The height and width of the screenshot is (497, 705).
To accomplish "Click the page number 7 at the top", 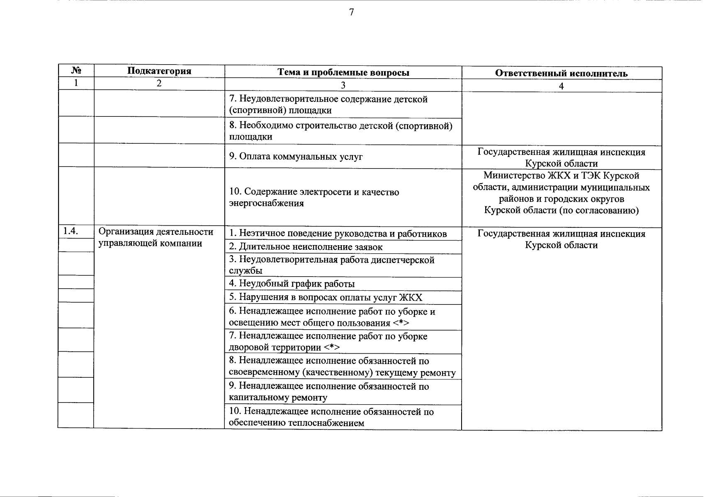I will click(x=352, y=12).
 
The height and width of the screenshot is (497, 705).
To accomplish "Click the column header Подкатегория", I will click(x=159, y=71).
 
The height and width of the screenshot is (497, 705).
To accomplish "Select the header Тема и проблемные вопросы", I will click(x=343, y=72).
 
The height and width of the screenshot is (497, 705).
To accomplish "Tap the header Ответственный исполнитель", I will click(x=561, y=73).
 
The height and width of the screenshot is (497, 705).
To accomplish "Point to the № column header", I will click(x=75, y=70).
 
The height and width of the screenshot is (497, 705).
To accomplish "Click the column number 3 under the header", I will click(x=343, y=85).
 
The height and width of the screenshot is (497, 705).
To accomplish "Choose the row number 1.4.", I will click(x=70, y=232).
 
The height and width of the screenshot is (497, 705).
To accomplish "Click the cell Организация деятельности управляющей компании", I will click(x=156, y=237).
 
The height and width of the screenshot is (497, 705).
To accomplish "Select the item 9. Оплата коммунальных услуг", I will click(x=296, y=157).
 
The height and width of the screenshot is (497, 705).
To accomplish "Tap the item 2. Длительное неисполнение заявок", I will click(x=306, y=247).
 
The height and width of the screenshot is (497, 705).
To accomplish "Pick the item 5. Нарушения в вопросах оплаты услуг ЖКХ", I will click(x=326, y=297).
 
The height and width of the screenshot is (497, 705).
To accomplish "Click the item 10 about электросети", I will click(x=314, y=198).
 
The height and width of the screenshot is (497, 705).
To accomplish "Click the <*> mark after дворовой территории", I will click(x=332, y=347).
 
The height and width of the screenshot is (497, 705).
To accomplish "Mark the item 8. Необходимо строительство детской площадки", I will click(x=340, y=131).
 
